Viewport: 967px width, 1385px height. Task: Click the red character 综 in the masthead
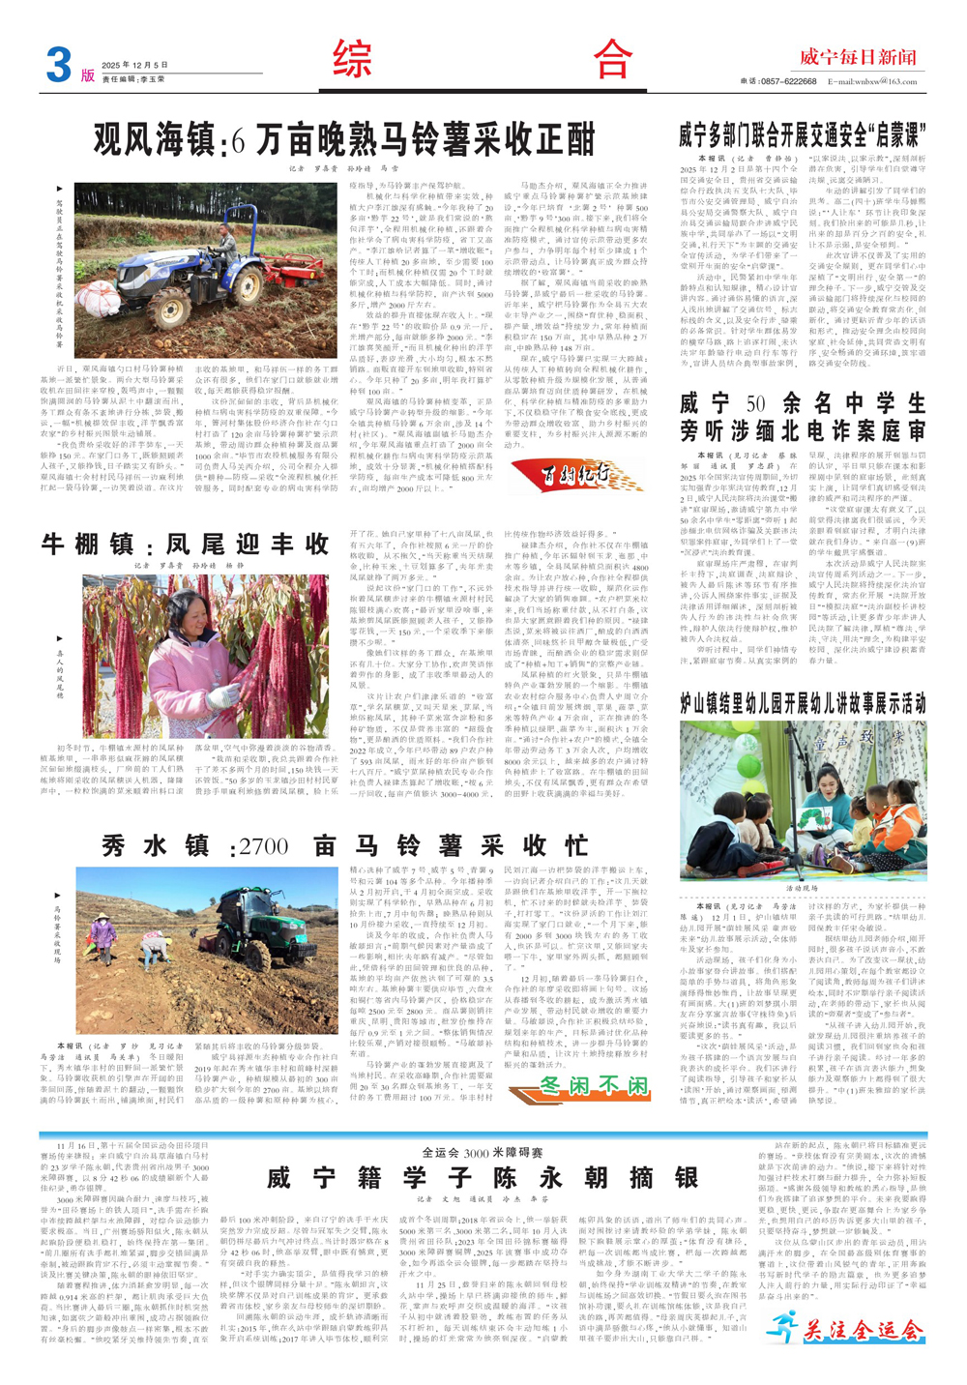pyautogui.click(x=352, y=60)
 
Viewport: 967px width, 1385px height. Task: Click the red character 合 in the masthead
pyautogui.click(x=613, y=60)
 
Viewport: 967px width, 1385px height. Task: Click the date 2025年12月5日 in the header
pyautogui.click(x=135, y=65)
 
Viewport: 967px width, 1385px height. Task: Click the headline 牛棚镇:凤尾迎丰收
pyautogui.click(x=186, y=545)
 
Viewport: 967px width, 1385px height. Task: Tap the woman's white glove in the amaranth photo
pyautogui.click(x=229, y=693)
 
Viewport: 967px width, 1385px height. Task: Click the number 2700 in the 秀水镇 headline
pyautogui.click(x=264, y=846)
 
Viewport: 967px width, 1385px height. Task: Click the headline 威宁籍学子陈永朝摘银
pyautogui.click(x=483, y=1176)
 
